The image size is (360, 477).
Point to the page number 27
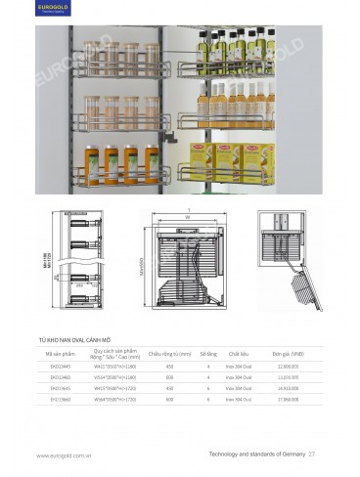click(312, 454)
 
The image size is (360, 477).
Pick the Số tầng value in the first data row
click(208, 367)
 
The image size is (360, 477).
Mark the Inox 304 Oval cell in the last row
click(241, 399)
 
